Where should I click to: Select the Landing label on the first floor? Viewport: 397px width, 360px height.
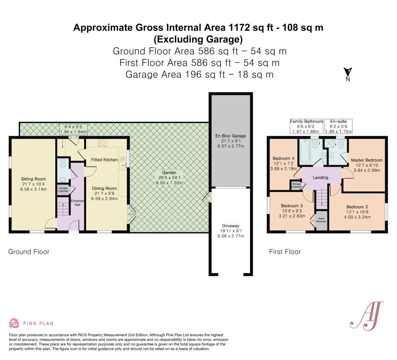[321, 177]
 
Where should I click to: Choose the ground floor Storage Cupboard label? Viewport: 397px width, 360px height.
[64, 189]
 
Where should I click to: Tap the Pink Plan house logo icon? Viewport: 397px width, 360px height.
[14, 323]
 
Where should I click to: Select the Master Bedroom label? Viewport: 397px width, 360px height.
[366, 160]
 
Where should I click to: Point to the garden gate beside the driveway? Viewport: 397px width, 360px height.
[205, 197]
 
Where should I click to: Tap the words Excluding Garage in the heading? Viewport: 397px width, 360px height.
[198, 39]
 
